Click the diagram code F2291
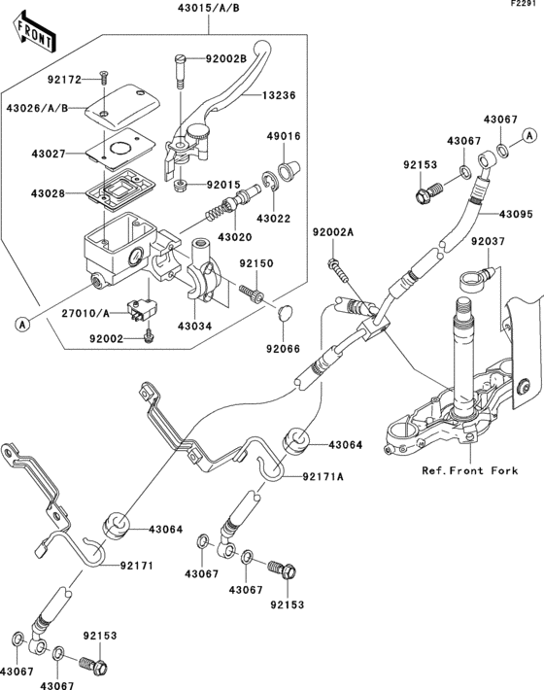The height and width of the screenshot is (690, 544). pyautogui.click(x=526, y=6)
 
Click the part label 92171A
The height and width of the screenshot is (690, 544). pyautogui.click(x=323, y=476)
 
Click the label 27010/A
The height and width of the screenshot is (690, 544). pyautogui.click(x=95, y=313)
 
